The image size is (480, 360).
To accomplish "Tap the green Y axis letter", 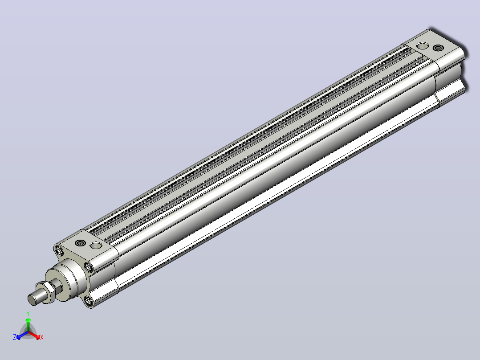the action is (28, 313).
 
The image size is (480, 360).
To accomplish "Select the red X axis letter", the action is (42, 337).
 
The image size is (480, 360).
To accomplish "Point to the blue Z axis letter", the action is (14, 337).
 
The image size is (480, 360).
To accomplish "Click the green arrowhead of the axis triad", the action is (28, 320).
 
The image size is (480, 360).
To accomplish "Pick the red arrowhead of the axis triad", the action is (38, 337).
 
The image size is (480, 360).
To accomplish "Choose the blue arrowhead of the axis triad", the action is (19, 337).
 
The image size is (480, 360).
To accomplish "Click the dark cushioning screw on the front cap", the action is (81, 243).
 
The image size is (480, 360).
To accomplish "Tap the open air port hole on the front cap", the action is (96, 245).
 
